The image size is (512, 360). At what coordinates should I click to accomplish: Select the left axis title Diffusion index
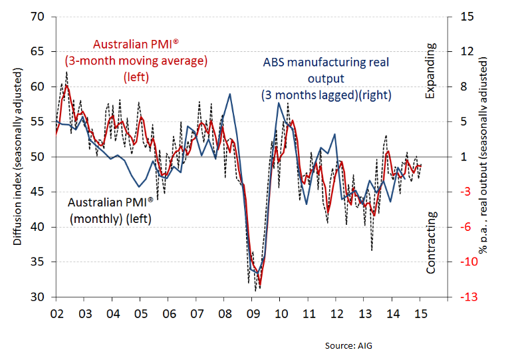[x=18, y=157]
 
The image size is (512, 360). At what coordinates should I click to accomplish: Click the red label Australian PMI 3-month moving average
[x=136, y=61]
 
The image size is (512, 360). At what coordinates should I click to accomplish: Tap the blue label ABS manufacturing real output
[x=325, y=79]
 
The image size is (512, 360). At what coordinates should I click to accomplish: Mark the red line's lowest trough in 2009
[x=259, y=287]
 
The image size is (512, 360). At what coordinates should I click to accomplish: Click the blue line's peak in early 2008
[x=230, y=94]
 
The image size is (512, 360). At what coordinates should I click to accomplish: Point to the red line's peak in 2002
[x=66, y=86]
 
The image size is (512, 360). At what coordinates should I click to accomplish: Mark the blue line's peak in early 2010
[x=279, y=102]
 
